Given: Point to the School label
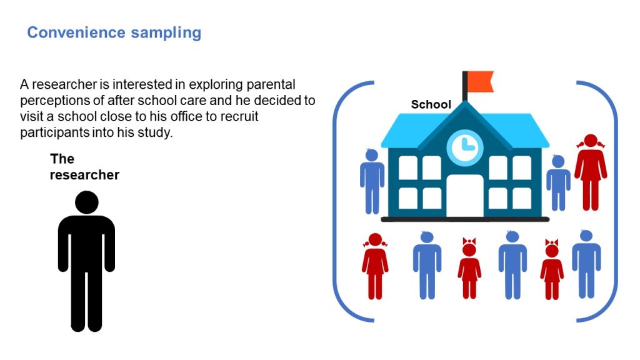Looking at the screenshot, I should (x=431, y=104).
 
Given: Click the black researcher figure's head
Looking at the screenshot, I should (x=86, y=202).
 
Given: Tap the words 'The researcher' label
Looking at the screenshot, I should (x=84, y=167).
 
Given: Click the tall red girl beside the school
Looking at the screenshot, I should (x=590, y=172).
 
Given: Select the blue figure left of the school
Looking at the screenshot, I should (x=372, y=181).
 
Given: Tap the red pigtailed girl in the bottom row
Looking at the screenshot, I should (x=375, y=266).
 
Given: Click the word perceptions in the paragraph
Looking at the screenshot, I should (x=55, y=101).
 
